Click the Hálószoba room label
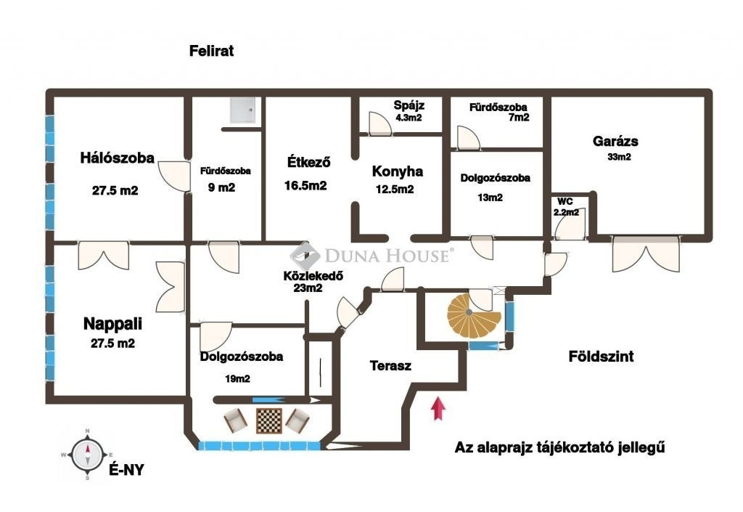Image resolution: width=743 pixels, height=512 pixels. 117,158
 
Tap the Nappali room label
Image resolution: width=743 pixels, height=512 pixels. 112,324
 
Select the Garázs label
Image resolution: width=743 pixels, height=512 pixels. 615,142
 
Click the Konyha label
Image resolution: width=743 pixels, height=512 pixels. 397,171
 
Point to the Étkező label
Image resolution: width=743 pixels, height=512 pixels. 308,162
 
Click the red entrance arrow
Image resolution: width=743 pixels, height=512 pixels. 439,409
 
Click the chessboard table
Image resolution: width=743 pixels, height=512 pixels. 269,420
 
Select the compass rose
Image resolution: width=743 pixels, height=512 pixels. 87,454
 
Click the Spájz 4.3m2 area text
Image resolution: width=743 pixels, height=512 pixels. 409,111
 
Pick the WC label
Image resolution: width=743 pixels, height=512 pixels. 565,201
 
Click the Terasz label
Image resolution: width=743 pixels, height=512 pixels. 390,365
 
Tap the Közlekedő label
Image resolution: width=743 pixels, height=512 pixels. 313,276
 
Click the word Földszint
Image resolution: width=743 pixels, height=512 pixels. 601,357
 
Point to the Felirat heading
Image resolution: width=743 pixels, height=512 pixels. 211,51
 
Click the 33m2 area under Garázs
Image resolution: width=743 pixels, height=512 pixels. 619,157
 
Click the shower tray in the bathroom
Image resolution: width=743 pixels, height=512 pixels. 242,110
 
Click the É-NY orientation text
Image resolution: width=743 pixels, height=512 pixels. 126,470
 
